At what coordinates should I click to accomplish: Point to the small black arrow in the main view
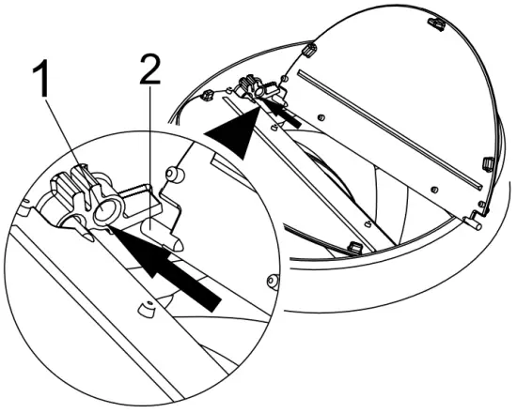point(288,115)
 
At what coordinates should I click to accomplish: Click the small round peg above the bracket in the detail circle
point(171,176)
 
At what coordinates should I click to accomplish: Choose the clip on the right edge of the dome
point(487,164)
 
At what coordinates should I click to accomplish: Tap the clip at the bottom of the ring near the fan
point(354,248)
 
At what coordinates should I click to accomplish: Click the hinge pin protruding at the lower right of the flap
point(477,224)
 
